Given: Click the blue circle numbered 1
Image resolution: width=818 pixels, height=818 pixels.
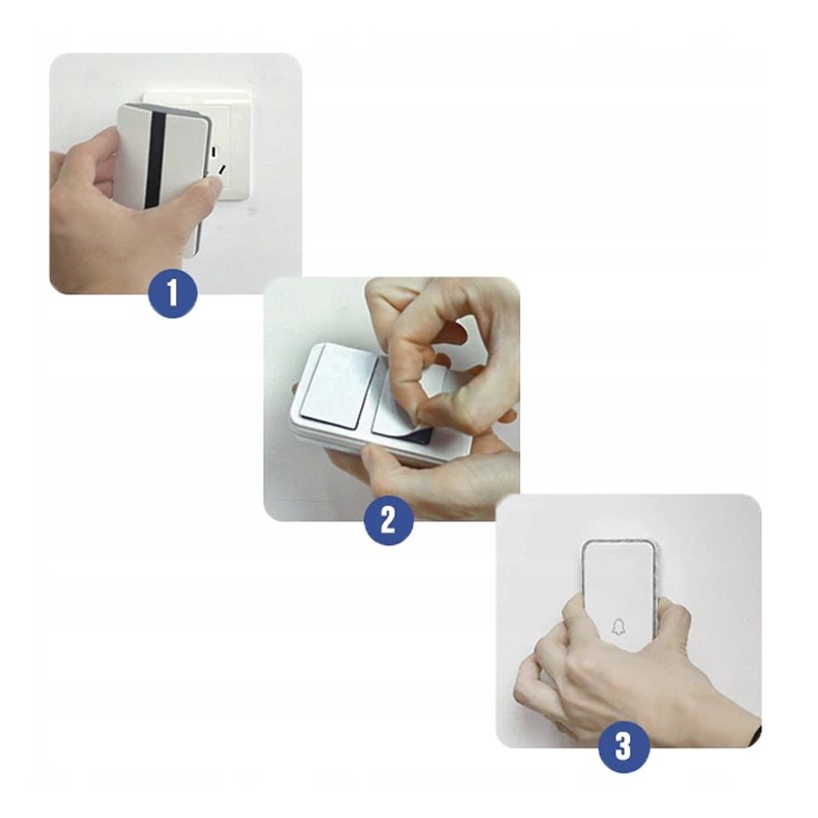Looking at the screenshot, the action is (x=173, y=292).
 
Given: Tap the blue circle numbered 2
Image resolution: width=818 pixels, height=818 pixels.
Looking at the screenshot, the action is (x=388, y=519).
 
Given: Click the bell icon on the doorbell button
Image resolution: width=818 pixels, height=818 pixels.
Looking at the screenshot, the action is (x=618, y=626).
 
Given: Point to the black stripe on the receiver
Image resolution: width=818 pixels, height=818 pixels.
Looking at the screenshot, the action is (x=157, y=158).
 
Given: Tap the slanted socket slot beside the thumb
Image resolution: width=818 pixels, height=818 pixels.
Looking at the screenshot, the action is (x=222, y=170).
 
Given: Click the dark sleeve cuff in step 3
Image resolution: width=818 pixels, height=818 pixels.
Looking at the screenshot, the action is (x=756, y=733).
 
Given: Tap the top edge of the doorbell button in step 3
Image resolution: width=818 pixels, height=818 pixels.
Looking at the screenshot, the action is (x=618, y=542).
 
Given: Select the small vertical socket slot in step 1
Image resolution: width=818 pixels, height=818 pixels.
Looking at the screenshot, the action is (x=215, y=151).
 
